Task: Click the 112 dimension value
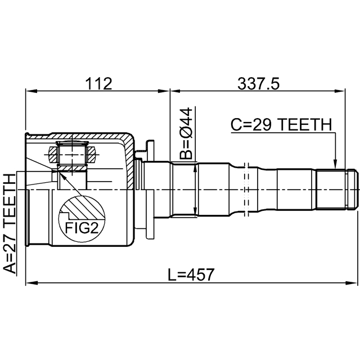tap(99, 83)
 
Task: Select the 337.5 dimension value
tap(259, 83)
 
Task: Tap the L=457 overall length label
tap(191, 275)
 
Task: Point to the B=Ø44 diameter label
tap(186, 134)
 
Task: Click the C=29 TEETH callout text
tap(281, 125)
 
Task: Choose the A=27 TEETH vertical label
tap(10, 224)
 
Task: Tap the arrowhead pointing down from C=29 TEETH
tap(335, 164)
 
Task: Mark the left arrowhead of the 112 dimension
tap(31, 91)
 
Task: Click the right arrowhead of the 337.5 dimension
tap(339, 91)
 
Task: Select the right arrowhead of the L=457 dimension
tap(350, 282)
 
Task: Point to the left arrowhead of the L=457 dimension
tap(31, 282)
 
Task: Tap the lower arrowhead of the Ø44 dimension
tap(195, 210)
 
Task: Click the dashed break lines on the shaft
tap(247, 190)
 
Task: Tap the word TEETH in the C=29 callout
tap(306, 125)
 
